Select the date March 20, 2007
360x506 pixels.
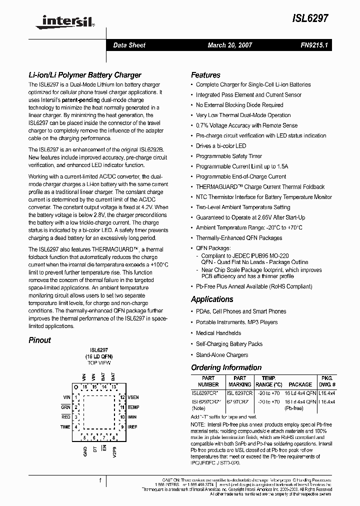[230, 45]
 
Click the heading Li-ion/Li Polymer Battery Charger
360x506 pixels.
[84, 75]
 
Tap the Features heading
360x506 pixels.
[205, 75]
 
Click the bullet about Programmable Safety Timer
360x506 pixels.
[229, 156]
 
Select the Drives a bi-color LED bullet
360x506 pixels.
[221, 146]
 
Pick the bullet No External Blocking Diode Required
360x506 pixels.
[239, 105]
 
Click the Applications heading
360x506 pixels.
[212, 299]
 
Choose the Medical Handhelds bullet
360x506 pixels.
[218, 333]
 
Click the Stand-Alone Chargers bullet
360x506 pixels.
[222, 355]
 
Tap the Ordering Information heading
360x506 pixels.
[226, 367]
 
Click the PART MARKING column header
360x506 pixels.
[239, 381]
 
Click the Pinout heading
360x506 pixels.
[39, 340]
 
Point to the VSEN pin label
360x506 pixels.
[133, 397]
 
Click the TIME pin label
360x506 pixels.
[65, 427]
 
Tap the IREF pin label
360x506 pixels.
[132, 427]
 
